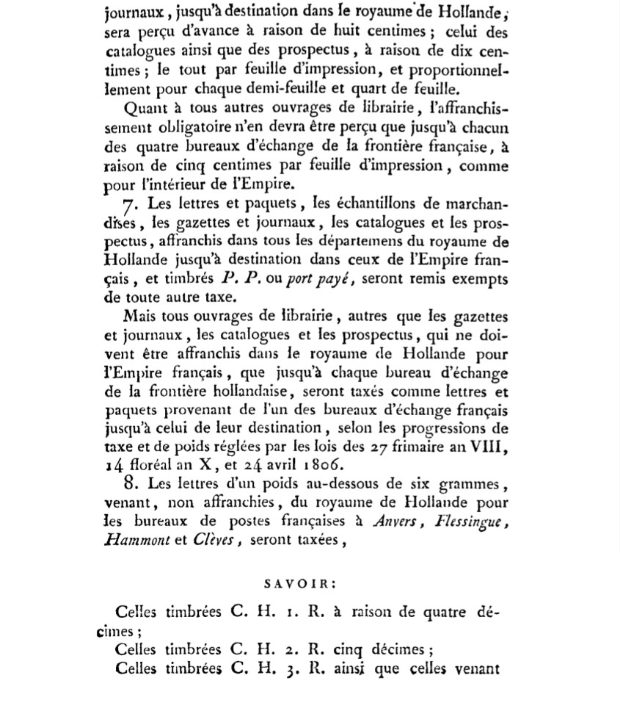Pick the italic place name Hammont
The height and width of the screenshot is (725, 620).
click(x=136, y=540)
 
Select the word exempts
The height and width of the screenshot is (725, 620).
click(x=481, y=279)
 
